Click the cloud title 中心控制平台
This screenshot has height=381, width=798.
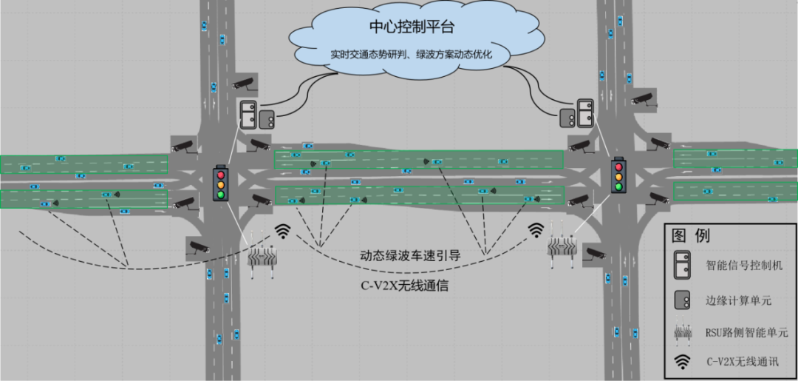[x=412, y=27]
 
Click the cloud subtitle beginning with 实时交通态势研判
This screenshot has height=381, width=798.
[x=411, y=55]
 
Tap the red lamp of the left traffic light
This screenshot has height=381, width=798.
[x=220, y=174]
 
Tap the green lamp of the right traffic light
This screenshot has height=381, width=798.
[x=618, y=186]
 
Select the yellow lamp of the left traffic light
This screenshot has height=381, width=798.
[x=220, y=184]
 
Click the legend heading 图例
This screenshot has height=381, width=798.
[x=691, y=236]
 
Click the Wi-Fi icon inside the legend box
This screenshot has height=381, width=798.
[x=683, y=361]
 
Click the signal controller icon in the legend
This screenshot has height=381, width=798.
[x=683, y=265]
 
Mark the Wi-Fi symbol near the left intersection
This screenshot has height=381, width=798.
[x=282, y=232]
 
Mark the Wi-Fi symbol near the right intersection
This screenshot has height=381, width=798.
[x=536, y=230]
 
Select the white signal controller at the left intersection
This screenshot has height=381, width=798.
[x=248, y=113]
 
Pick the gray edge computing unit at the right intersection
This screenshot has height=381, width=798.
[x=567, y=116]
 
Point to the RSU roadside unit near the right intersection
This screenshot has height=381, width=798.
[x=561, y=245]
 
